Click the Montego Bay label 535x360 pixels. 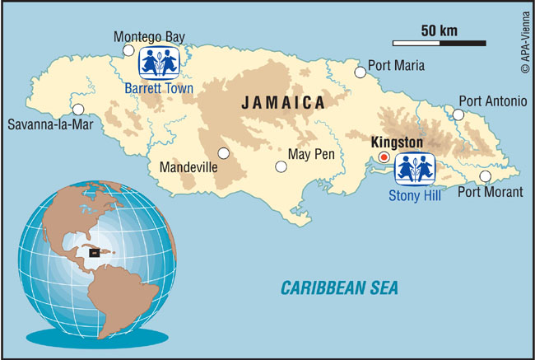pyautogui.click(x=149, y=37)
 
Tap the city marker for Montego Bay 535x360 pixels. pyautogui.click(x=128, y=50)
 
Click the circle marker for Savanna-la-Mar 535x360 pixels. pyautogui.click(x=79, y=109)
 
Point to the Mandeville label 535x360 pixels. pyautogui.click(x=188, y=167)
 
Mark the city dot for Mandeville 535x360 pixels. pyautogui.click(x=223, y=152)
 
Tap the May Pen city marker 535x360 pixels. pyautogui.click(x=281, y=166)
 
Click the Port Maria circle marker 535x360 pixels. pyautogui.click(x=360, y=72)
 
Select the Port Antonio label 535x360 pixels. pyautogui.click(x=492, y=101)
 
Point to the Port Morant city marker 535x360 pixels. pyautogui.click(x=486, y=176)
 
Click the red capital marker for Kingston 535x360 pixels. pyautogui.click(x=383, y=157)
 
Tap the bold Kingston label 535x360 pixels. pyautogui.click(x=397, y=143)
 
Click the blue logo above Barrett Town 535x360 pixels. pyautogui.click(x=158, y=61)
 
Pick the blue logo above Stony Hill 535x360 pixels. pyautogui.click(x=416, y=169)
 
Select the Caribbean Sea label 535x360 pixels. pyautogui.click(x=339, y=288)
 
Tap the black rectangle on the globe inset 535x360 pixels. pyautogui.click(x=94, y=252)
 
